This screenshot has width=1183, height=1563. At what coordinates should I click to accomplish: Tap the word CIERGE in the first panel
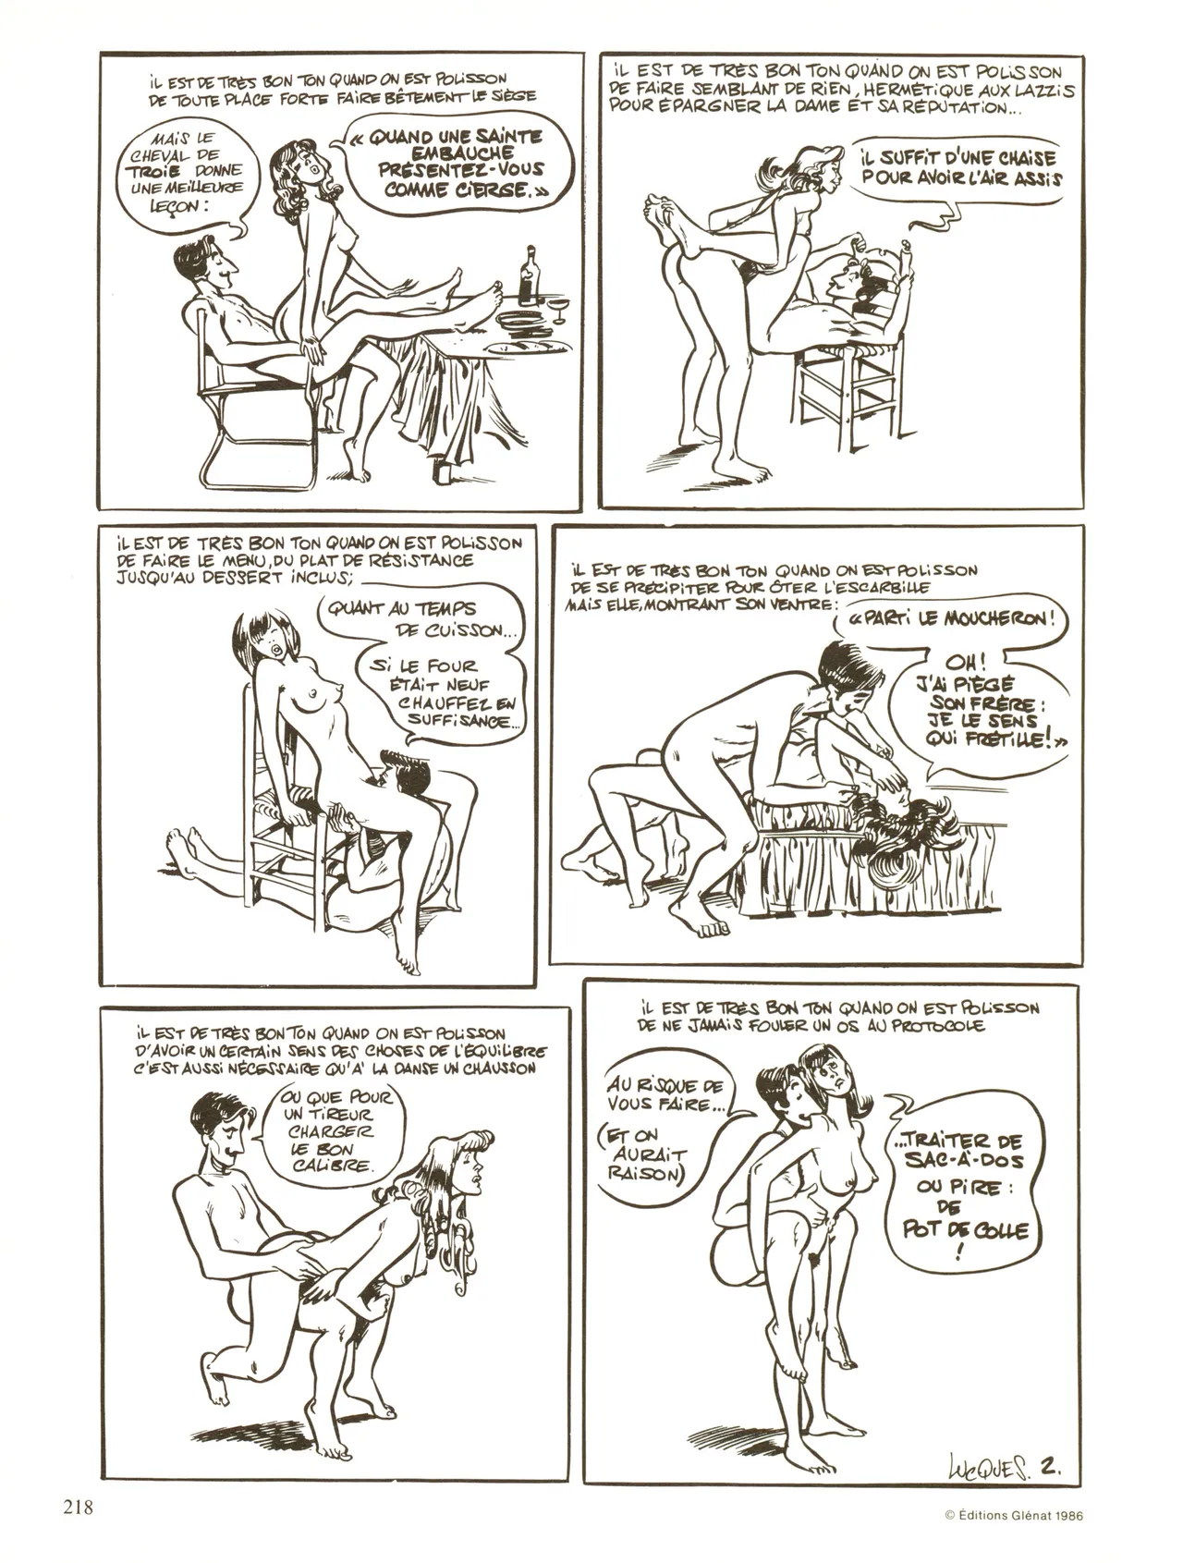pos(487,191)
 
